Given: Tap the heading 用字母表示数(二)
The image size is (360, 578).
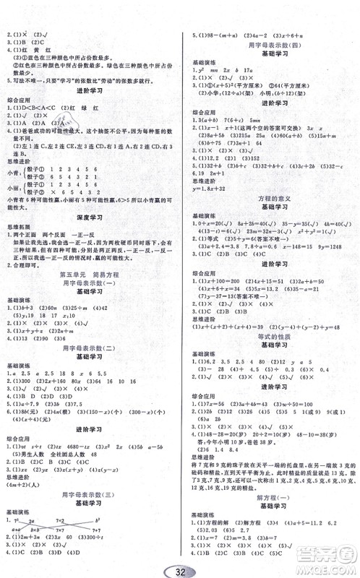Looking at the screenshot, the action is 90,348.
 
